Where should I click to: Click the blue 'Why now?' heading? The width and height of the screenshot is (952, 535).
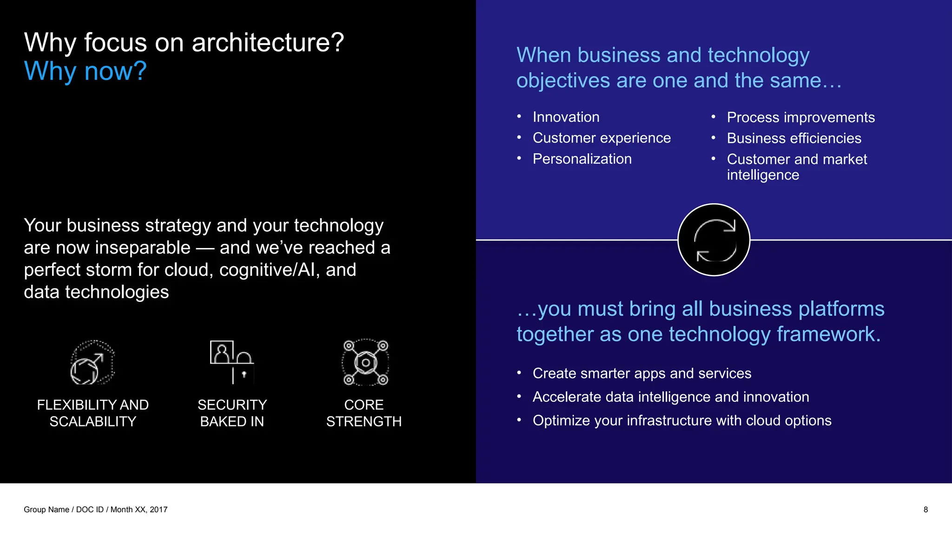point(85,72)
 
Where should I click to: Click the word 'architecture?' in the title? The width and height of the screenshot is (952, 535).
point(268,43)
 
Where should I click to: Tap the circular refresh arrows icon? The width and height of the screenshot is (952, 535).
point(714,240)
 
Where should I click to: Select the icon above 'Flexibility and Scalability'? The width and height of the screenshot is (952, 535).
point(93,362)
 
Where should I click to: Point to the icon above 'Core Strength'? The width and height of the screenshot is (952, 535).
point(365,362)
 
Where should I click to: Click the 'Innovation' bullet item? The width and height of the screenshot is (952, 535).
point(566,117)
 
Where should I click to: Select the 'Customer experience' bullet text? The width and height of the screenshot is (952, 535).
point(602,138)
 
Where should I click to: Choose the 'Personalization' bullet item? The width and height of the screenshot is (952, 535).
point(582,159)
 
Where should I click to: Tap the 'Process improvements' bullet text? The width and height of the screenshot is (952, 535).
point(800,117)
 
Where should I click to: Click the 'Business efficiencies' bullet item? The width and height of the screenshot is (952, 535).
point(794,138)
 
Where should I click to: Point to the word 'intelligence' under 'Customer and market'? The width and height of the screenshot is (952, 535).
point(763,175)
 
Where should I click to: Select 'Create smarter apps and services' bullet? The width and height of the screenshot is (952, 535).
point(641,373)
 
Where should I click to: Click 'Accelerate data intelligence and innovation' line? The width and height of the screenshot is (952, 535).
point(670,397)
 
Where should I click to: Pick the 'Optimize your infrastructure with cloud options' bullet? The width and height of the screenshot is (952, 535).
point(681,421)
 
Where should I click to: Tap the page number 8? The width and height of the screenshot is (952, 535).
point(925,509)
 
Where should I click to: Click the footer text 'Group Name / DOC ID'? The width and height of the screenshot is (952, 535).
point(64,509)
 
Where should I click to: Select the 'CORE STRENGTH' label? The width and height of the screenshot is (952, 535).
point(364,413)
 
